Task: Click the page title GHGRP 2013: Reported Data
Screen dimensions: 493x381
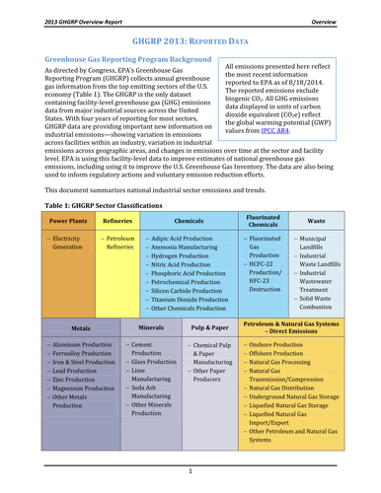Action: tap(190, 42)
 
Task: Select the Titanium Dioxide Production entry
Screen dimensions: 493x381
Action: tap(191, 325)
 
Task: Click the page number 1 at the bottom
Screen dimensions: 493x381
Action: tap(190, 471)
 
